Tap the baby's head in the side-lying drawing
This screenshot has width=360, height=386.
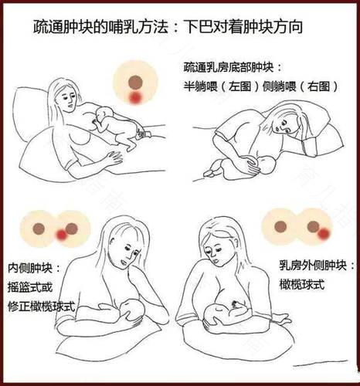(265, 164)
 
